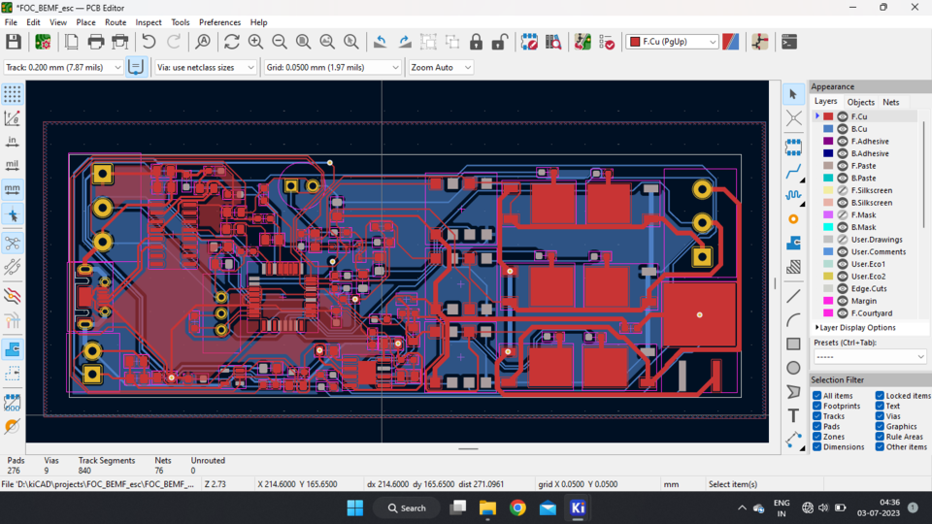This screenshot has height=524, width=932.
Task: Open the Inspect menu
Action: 149,22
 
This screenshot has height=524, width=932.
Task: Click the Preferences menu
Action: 219,22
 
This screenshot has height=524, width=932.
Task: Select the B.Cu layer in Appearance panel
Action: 858,129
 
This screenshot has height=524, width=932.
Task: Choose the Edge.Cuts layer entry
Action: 868,288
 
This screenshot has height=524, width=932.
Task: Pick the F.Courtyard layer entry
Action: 871,313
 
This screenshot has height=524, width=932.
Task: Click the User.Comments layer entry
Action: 878,251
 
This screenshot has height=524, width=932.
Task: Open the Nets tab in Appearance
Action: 890,102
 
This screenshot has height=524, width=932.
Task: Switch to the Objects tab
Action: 860,102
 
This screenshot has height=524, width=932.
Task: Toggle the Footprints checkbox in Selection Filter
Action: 817,407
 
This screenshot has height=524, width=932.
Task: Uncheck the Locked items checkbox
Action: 880,396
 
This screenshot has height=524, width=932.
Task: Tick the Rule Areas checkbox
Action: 880,437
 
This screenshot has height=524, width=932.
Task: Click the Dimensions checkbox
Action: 817,447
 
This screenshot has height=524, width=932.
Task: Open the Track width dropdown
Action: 63,67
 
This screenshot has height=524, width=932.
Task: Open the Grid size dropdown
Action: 332,67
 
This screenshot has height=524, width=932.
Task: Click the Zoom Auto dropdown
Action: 440,67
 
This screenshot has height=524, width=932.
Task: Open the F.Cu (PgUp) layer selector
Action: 672,42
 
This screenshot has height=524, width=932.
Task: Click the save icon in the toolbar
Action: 14,42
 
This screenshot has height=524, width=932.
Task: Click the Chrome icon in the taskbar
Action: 517,508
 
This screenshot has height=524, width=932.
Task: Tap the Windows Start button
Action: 354,508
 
